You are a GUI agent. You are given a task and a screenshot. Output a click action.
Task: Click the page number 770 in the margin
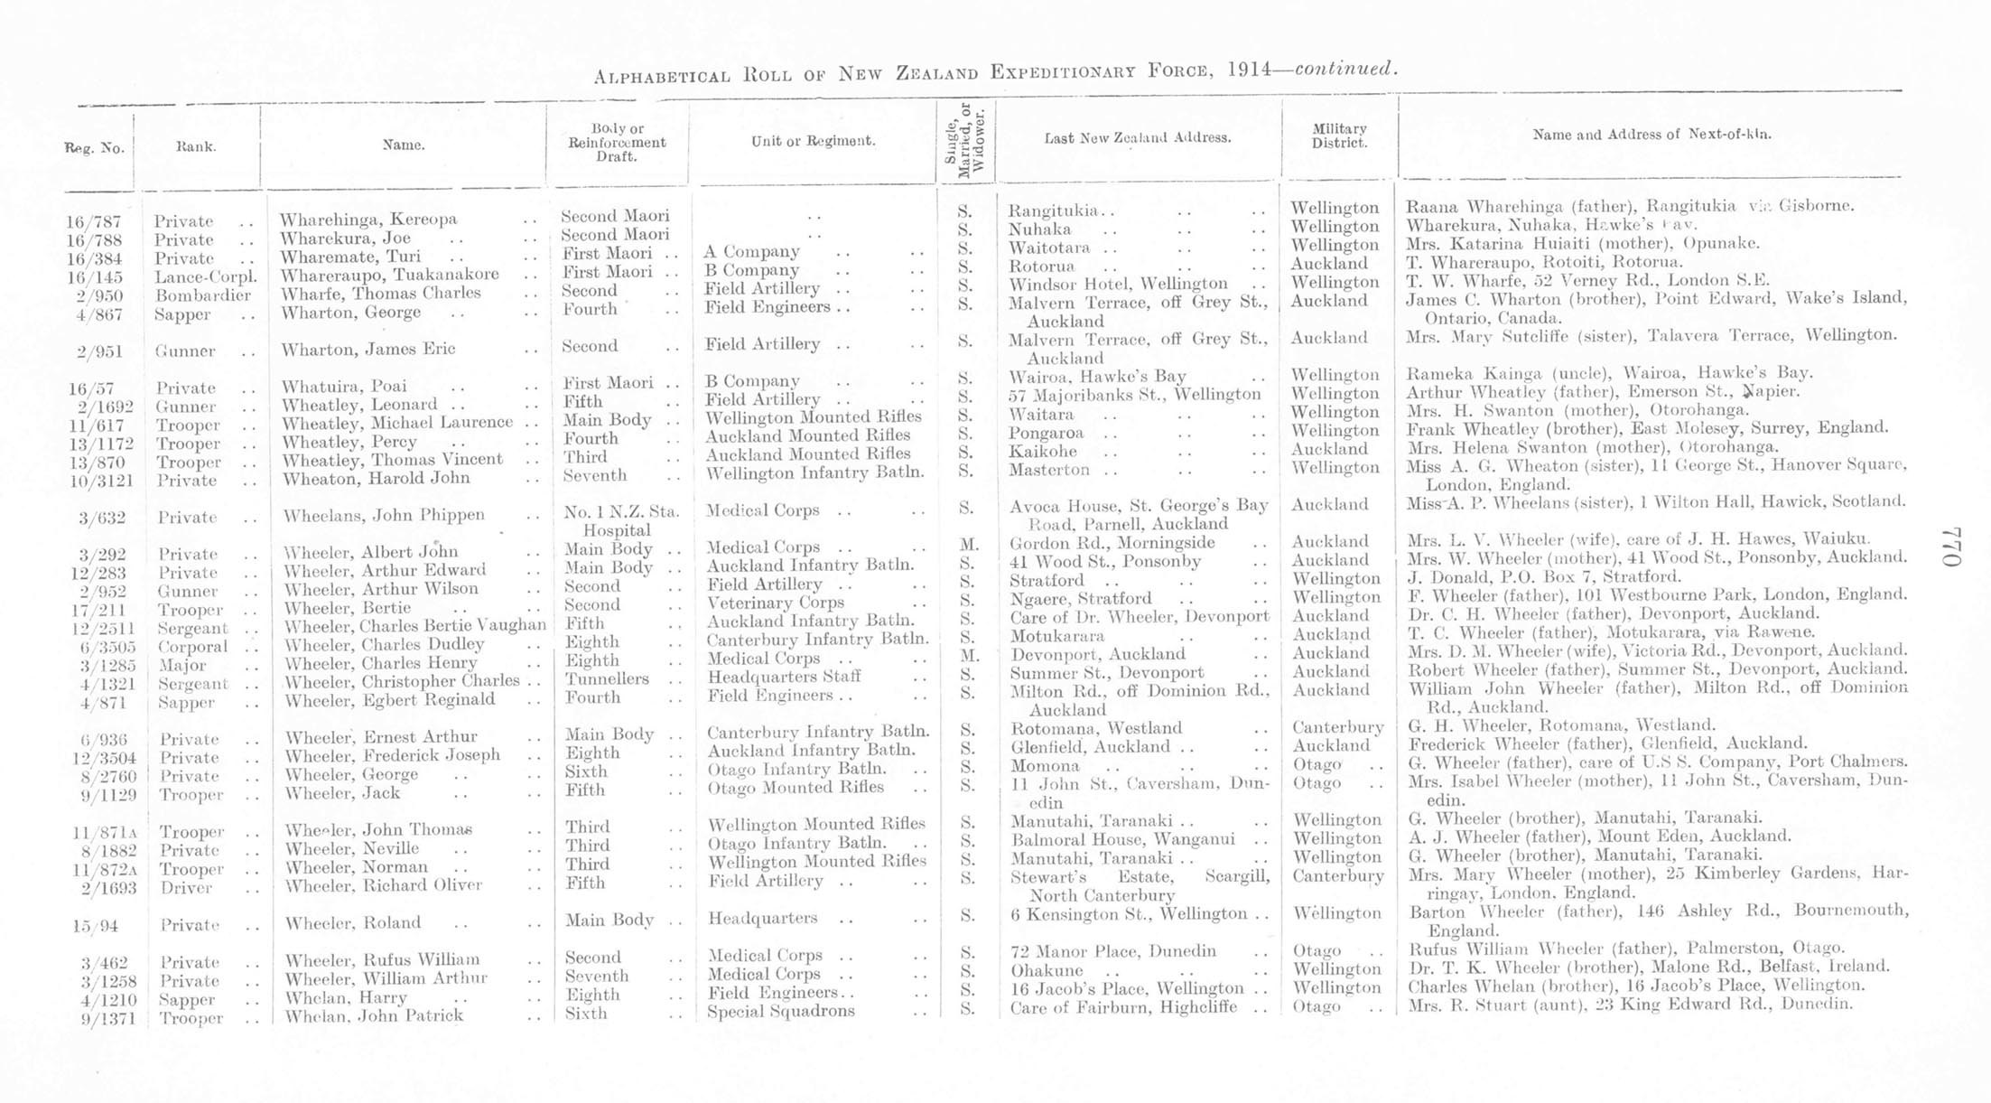click(x=1952, y=547)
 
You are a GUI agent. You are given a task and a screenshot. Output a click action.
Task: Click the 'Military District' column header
click(x=1339, y=136)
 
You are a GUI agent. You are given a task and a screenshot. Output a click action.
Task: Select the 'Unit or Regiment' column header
click(x=813, y=141)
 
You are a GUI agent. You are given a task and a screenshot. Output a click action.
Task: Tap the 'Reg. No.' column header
click(x=94, y=148)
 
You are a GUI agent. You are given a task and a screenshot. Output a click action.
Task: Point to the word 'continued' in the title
click(x=1345, y=69)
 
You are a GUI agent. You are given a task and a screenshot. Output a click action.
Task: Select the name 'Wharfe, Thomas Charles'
click(x=380, y=294)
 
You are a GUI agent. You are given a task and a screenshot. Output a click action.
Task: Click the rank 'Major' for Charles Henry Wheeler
click(x=183, y=666)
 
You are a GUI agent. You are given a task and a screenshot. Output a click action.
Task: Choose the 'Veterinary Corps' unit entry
click(x=776, y=603)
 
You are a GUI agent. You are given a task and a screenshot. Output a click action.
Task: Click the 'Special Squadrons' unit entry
click(x=780, y=1011)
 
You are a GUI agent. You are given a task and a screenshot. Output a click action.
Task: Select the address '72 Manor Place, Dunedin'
click(x=1112, y=951)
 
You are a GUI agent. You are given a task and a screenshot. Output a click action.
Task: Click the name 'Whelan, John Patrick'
click(x=374, y=1016)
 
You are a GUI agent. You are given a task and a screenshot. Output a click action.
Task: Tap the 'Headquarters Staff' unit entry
click(x=784, y=677)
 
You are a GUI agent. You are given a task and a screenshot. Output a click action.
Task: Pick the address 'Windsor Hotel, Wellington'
click(x=1118, y=284)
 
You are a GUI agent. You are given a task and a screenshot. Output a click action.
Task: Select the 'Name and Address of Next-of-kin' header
click(x=1651, y=135)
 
